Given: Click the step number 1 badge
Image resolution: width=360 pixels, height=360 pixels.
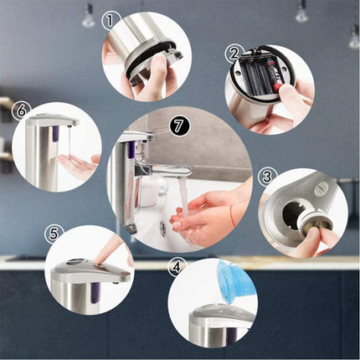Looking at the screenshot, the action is pyautogui.click(x=111, y=21).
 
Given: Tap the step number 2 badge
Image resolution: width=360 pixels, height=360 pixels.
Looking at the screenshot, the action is pyautogui.click(x=234, y=54).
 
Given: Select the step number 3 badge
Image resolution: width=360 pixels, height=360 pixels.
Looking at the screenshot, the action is pyautogui.click(x=266, y=177).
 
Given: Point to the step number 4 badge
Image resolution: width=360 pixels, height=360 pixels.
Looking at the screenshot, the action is pyautogui.click(x=176, y=268).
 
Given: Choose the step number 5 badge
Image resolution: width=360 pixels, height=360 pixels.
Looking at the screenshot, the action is pyautogui.click(x=54, y=234).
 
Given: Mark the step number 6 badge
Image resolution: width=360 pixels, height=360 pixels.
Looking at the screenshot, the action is pyautogui.click(x=21, y=111).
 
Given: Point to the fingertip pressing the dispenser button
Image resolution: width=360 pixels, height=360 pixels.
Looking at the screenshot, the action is pyautogui.click(x=99, y=263).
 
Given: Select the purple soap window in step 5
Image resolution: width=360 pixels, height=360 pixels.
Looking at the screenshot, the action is pyautogui.click(x=95, y=292).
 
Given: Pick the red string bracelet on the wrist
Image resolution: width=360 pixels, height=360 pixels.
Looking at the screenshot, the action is pyautogui.click(x=232, y=216).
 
